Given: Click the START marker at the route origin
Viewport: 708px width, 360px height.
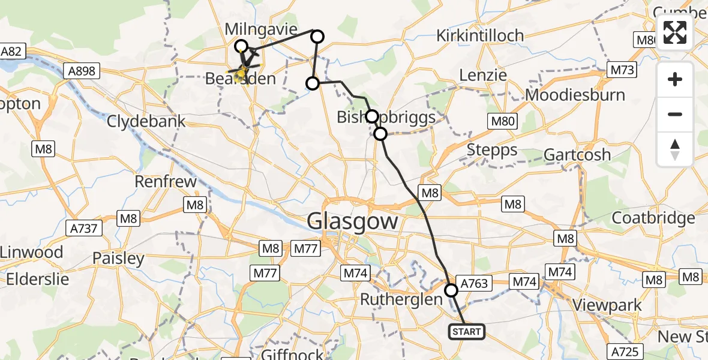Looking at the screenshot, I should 466,331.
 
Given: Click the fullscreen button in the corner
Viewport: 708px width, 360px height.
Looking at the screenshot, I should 675,32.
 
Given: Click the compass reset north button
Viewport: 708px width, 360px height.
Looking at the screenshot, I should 675,149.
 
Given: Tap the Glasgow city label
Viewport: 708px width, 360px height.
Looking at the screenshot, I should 352,221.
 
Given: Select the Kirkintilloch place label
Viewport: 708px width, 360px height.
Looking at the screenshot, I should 480,35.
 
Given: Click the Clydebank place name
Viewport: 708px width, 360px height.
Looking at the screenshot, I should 146,121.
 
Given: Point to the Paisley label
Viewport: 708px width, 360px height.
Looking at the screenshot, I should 118,259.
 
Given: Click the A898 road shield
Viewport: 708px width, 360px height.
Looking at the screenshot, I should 81,71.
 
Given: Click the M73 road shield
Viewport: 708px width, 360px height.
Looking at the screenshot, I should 621,70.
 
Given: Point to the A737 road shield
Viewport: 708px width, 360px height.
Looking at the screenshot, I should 85,229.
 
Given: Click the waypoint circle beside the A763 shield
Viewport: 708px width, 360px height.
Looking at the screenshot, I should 451,290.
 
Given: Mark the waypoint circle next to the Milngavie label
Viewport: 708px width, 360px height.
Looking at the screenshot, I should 241,46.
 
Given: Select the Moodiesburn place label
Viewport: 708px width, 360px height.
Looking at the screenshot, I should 575,95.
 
